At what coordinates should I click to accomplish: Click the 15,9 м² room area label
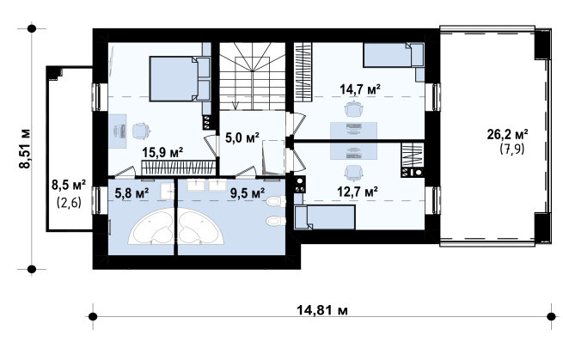coord(162,153)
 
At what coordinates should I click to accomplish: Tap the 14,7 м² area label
coord(360,89)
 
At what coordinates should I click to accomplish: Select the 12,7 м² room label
coord(358,192)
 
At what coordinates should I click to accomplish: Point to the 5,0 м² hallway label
coord(242,137)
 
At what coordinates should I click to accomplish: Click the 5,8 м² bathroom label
coord(132,194)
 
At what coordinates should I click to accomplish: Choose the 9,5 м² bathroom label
coord(248,193)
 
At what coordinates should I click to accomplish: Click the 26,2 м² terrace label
coord(507,135)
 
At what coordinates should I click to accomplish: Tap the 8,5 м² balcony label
coord(69,186)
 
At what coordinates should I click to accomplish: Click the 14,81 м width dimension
coord(322,310)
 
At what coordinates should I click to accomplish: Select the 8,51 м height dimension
coord(25,149)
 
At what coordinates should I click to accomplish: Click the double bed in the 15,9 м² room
coord(180,78)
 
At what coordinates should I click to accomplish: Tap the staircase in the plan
coord(253,76)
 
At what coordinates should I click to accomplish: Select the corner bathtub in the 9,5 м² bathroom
coord(201,227)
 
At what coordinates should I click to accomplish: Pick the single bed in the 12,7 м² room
coord(325,217)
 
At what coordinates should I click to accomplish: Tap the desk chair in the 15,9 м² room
coord(141,131)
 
